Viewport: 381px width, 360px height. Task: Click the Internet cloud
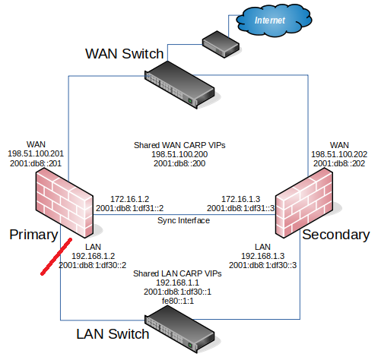coord(274,21)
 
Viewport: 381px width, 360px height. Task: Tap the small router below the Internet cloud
coord(221,44)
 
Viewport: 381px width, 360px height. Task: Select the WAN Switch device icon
coord(179,85)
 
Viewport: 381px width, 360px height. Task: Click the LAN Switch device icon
coord(179,329)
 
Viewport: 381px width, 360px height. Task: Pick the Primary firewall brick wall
coord(65,204)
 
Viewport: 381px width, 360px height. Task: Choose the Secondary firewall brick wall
coord(304,203)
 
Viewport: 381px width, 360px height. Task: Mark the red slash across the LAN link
coord(56,257)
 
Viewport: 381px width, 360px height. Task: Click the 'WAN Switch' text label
coord(124,54)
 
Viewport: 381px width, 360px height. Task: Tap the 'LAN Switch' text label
coord(113,334)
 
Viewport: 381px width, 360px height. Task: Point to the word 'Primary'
coord(33,235)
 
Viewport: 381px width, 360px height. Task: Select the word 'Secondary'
coord(336,235)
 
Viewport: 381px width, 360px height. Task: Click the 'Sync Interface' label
coord(183,220)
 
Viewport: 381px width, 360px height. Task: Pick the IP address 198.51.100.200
coord(179,154)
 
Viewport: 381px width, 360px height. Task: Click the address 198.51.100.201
coord(36,153)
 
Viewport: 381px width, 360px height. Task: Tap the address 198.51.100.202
coord(339,154)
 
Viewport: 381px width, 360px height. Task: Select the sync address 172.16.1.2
coord(130,199)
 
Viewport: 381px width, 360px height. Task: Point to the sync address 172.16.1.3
coord(241,199)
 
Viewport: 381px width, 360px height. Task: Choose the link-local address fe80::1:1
coord(178,301)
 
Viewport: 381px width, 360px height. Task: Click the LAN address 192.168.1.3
coord(262,256)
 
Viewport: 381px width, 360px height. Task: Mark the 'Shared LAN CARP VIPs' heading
coord(177,273)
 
